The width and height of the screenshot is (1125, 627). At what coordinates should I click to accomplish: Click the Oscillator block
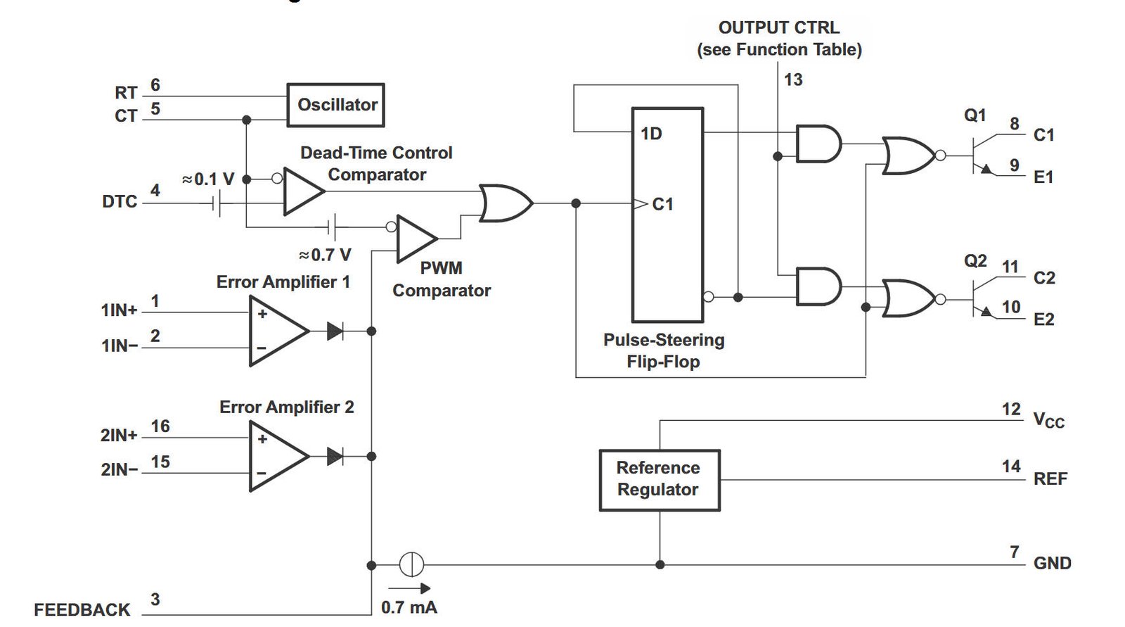(335, 105)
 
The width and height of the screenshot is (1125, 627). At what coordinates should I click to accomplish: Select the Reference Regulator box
(660, 480)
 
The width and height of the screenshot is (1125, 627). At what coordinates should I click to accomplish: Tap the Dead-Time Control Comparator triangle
(303, 191)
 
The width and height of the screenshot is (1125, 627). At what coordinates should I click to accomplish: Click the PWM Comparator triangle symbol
(416, 239)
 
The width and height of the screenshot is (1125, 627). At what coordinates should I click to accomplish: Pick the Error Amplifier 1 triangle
(278, 330)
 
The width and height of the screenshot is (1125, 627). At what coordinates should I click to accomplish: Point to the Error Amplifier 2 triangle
(278, 456)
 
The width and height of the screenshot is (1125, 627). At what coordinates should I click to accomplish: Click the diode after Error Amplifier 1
(335, 331)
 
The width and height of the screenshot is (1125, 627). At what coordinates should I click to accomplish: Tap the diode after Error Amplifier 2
(335, 457)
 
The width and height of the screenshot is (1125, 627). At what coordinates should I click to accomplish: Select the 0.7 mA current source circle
(411, 564)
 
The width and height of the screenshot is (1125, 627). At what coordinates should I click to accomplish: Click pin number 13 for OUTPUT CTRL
(793, 80)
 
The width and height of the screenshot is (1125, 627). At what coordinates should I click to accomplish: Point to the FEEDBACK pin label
(82, 609)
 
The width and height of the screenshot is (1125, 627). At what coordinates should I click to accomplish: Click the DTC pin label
(120, 201)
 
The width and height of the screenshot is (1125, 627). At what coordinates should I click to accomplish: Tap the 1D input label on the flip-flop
(651, 134)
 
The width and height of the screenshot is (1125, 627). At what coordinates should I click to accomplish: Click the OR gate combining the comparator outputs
(506, 203)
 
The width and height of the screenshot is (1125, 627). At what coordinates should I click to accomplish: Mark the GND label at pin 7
(1052, 563)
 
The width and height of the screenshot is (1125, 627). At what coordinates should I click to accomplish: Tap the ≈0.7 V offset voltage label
(325, 255)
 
